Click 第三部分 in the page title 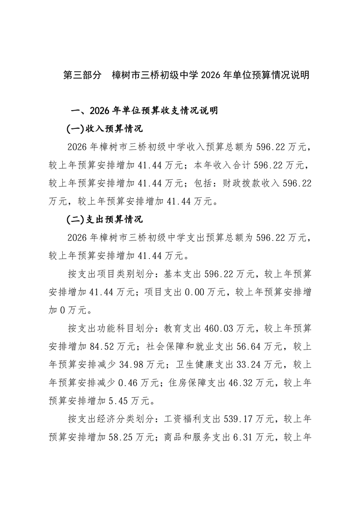pyautogui.click(x=82, y=75)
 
